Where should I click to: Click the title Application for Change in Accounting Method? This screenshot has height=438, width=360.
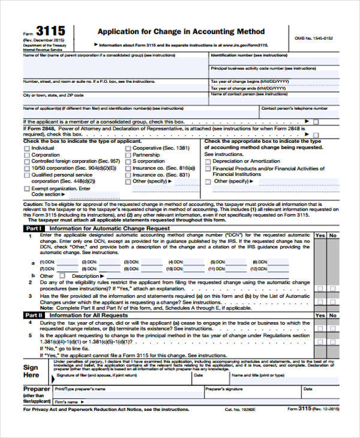coord(181,31)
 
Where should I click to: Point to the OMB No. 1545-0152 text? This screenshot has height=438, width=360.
coord(314,38)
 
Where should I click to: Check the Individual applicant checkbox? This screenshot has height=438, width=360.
coord(26,148)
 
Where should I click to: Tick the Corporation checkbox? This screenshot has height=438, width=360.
coord(26,155)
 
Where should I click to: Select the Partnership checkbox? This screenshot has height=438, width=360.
coord(127,155)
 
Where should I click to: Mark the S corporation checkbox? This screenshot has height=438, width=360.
coord(127,161)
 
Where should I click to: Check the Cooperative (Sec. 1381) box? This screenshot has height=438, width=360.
coord(127,148)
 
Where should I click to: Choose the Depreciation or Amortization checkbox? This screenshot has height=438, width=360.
coord(208,161)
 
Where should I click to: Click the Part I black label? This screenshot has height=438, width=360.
coord(33,229)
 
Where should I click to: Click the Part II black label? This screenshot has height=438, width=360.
coord(33,315)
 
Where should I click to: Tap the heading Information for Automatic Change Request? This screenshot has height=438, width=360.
coord(101,229)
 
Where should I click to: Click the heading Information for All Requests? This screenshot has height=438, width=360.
coord(88,315)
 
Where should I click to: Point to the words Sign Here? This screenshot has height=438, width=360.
coord(31,371)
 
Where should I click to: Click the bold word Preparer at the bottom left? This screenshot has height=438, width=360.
coord(36,389)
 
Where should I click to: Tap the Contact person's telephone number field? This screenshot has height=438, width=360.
coord(295,109)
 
